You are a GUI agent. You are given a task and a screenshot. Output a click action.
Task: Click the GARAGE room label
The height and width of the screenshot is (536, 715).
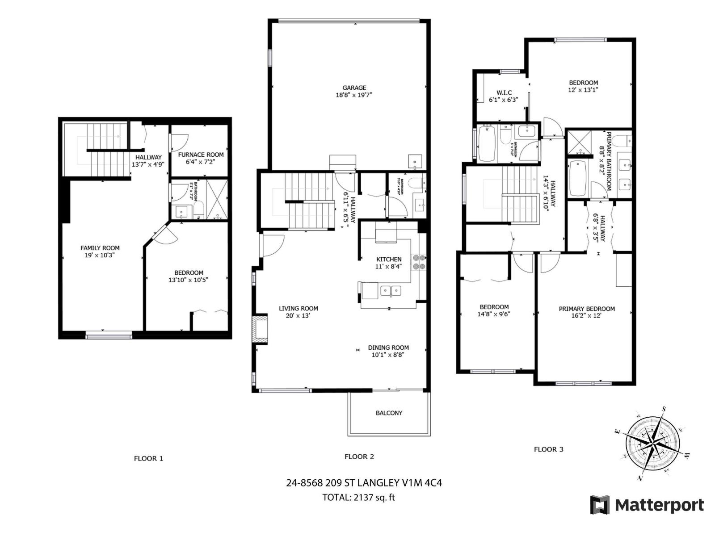[x=354, y=88]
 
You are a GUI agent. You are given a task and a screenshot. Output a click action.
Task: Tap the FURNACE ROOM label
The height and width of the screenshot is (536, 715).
[x=201, y=155]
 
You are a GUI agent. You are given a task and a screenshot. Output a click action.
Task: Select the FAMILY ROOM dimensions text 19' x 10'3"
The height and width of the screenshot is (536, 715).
[x=100, y=255]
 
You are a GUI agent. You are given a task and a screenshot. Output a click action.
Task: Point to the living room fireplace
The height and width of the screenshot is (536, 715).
[x=260, y=330]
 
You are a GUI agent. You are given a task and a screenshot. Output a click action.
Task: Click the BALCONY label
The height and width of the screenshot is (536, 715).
[x=389, y=413]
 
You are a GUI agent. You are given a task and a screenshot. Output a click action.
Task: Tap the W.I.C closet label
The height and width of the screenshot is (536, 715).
[x=504, y=92]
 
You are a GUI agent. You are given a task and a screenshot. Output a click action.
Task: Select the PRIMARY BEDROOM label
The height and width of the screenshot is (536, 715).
[x=586, y=309]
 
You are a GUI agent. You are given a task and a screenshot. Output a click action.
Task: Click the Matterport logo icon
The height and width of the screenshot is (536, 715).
[x=600, y=505]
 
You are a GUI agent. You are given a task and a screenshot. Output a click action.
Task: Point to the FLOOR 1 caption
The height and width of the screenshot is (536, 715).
[x=148, y=458]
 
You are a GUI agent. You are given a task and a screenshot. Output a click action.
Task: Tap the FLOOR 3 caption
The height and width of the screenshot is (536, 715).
[x=548, y=449]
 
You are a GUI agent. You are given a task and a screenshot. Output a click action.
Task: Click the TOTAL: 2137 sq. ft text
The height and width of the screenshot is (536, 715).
[x=358, y=497]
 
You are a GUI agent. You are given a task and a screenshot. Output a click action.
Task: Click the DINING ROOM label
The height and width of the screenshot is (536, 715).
[x=388, y=348]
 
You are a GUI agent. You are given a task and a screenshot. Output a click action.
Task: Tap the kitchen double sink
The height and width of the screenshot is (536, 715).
[x=391, y=292]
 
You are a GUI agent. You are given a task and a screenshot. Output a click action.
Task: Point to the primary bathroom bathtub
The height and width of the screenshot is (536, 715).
[x=578, y=178]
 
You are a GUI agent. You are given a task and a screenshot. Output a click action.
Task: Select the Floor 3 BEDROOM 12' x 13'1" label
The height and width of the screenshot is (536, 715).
[x=583, y=83]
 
